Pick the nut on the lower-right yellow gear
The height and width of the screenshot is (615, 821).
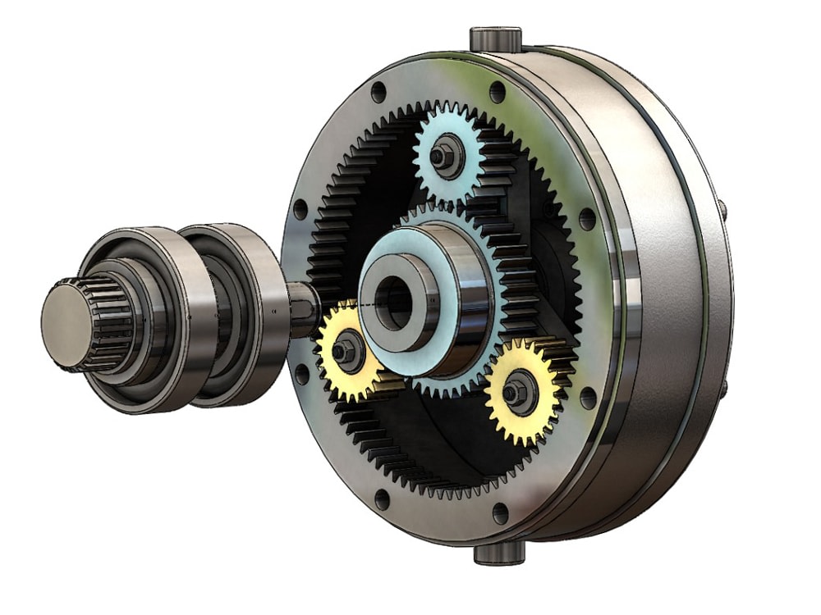coord(515,392)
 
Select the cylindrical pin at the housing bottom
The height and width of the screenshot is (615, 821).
coord(498,553)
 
